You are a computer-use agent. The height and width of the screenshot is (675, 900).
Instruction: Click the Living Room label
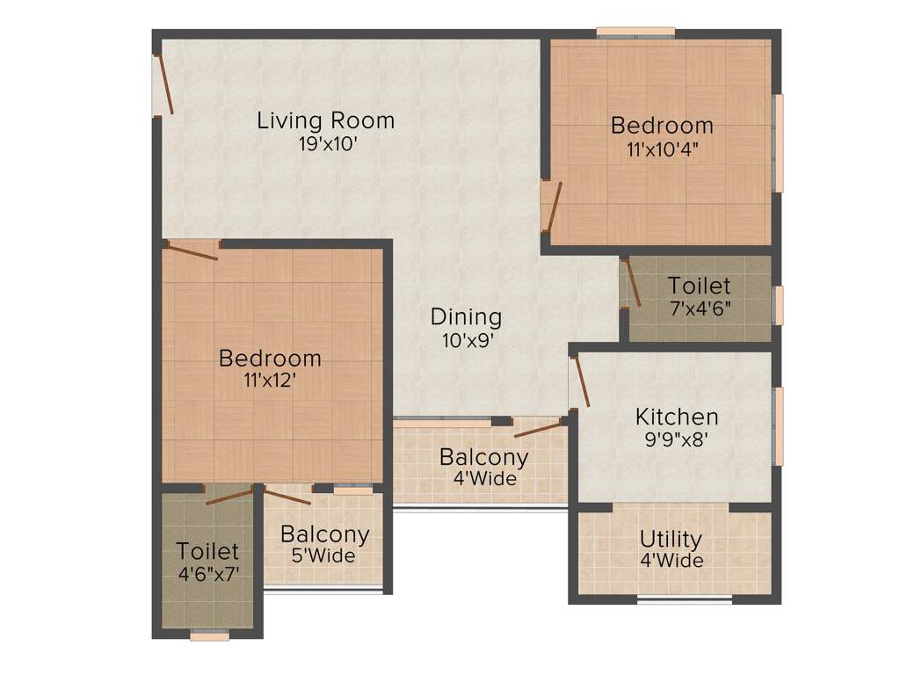coord(325,120)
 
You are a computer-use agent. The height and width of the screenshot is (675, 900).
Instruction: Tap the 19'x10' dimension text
coord(326,143)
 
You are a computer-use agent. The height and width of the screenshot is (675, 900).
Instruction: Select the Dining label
coord(466,316)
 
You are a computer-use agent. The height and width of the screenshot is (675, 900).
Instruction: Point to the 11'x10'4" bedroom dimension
coord(662,149)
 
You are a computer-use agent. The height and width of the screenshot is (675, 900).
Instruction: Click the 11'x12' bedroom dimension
coord(270,381)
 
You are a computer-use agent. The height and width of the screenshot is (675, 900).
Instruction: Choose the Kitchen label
coord(677,416)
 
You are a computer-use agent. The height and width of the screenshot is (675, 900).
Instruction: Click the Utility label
coord(671,538)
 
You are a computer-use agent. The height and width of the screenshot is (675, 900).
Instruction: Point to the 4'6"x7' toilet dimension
coord(207,575)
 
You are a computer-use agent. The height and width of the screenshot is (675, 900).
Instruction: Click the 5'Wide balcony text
coord(324,555)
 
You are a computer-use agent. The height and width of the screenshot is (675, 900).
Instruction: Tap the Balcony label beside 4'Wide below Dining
coord(483,457)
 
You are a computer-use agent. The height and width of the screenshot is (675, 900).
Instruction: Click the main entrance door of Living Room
coord(163,85)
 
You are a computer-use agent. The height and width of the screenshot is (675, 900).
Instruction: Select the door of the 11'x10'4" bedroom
coord(551,207)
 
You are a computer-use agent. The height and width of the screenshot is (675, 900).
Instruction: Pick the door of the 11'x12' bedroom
coord(192,251)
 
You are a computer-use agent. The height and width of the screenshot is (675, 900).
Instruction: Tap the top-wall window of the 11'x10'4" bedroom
coord(635,33)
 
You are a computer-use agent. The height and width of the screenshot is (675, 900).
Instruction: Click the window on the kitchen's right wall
coord(777,425)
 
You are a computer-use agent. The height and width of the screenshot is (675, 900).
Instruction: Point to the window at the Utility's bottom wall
coord(684,600)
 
